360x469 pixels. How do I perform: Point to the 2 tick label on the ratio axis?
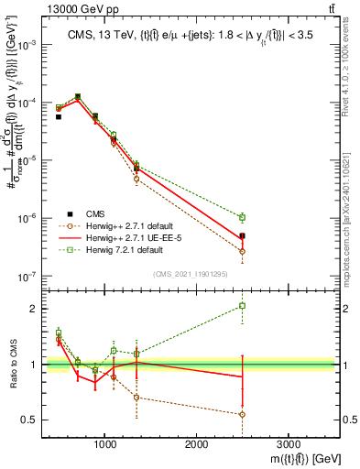point(33,309)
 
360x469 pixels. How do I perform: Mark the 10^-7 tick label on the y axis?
point(28,276)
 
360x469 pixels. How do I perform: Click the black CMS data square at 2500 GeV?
point(242,236)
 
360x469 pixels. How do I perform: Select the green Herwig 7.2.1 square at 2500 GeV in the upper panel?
point(242,217)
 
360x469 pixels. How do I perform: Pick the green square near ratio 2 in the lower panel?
point(242,306)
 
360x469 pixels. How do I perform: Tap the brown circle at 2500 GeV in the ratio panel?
point(242,414)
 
